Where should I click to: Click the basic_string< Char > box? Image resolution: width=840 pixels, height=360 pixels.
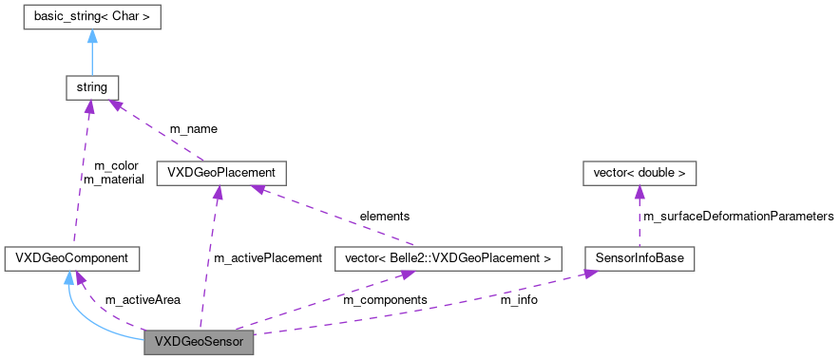coord(91,17)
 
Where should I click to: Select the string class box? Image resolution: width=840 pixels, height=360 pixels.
coord(91,88)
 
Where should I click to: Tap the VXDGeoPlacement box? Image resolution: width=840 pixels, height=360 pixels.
coord(220,173)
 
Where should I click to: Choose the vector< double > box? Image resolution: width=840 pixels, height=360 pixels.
coord(639,173)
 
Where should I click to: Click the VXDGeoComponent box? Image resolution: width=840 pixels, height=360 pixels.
coord(72,257)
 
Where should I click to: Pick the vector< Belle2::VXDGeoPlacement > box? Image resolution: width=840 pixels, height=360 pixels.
coord(448,257)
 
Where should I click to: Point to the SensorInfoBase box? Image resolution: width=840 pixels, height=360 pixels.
coord(639,257)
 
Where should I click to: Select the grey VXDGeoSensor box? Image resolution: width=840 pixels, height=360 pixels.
coord(199,342)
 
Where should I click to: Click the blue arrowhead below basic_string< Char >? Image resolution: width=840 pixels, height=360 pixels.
coord(91,36)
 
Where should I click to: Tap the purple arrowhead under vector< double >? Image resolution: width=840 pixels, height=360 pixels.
coord(639,192)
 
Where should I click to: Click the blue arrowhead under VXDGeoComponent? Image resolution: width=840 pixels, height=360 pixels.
coord(67,276)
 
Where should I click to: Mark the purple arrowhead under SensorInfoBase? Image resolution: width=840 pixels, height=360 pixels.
coord(590,274)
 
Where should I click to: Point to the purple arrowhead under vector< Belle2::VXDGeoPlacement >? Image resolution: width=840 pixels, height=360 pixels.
coord(407,275)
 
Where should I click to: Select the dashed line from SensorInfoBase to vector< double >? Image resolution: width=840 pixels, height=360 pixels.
coord(639,220)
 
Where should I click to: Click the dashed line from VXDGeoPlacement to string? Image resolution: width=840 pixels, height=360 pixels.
coord(157,131)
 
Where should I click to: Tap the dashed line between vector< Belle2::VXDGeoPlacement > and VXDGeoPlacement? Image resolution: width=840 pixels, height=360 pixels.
coord(333,216)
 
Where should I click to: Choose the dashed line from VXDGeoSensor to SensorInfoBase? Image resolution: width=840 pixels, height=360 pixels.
coord(428,304)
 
